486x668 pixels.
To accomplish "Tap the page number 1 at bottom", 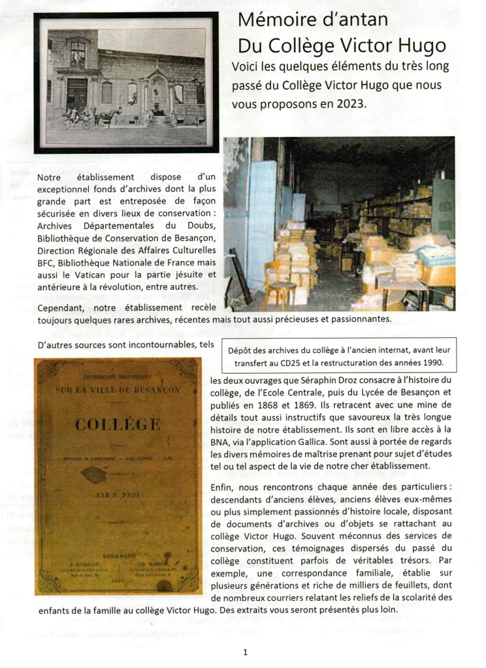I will tap(244, 652).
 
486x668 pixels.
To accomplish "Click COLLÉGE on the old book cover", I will tap(118, 425).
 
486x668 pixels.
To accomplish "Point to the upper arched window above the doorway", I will tap(78, 53).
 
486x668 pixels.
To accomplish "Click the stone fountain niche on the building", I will tap(159, 98).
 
